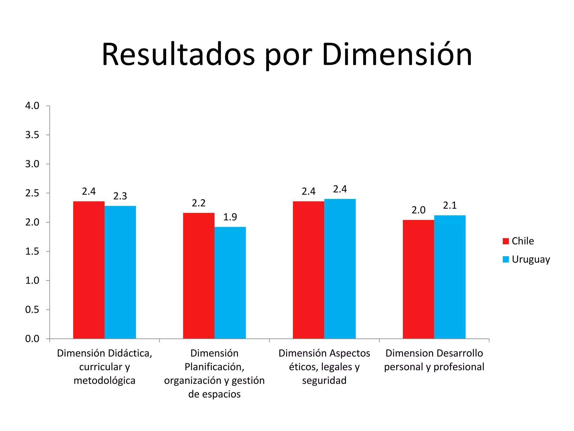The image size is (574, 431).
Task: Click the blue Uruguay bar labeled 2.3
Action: [x=120, y=272]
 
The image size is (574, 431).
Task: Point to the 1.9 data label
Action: [x=230, y=217]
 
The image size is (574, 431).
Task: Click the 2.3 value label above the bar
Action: [x=120, y=196]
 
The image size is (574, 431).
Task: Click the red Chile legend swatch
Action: [x=506, y=241]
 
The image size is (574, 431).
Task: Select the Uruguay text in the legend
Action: [x=531, y=259]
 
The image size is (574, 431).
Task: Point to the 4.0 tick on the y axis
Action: [x=32, y=106]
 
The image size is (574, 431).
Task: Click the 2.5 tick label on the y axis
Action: [x=32, y=193]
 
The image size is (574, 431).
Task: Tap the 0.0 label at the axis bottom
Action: [x=32, y=339]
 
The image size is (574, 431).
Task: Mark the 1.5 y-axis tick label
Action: [x=32, y=251]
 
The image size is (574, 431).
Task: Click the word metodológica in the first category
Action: [x=105, y=380]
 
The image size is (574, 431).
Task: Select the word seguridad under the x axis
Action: [x=324, y=380]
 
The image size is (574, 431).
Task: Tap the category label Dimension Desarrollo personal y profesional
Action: [x=434, y=360]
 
